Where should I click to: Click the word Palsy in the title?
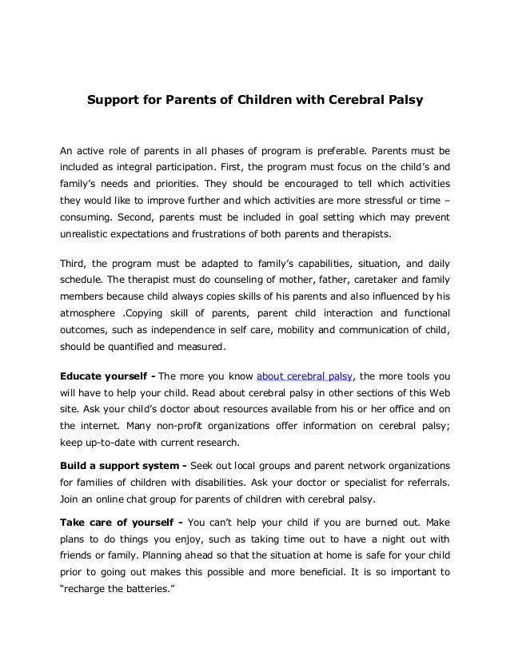(x=402, y=102)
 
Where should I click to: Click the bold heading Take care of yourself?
(x=119, y=521)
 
